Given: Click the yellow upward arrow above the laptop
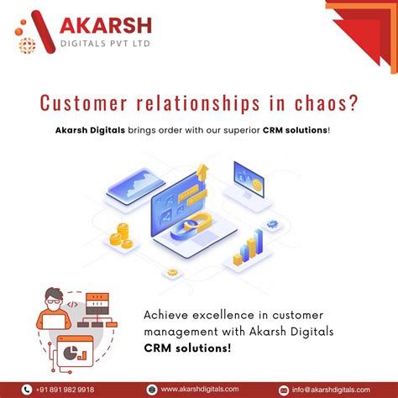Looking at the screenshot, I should pyautogui.click(x=202, y=172).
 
